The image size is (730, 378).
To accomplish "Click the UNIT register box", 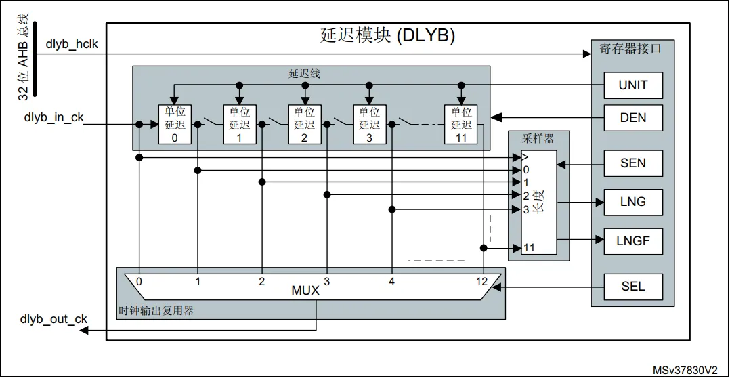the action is pos(633,85).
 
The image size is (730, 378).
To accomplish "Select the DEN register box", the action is pos(633,118).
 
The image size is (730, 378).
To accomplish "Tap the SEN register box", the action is pos(633,163).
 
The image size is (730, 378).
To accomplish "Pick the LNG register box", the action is pos(633,202).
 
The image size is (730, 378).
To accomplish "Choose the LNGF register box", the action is pos(633,241).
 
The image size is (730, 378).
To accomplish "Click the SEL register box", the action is pos(633,287).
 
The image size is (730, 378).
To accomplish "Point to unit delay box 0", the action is pos(175,124).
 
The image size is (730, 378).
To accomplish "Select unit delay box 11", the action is pos(461,124).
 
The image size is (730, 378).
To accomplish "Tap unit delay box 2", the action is pos(305,124).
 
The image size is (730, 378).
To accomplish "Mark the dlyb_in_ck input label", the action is pos(54,117).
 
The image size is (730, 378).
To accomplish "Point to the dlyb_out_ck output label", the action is pos(53,319).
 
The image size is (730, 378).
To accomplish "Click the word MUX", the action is pos(305,291).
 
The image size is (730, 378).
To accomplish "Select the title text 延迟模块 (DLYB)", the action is pos(387,36).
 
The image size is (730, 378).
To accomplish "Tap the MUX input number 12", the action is pos(481,281).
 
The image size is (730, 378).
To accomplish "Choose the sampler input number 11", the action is pos(529,248).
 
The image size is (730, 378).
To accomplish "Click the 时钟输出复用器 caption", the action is pos(156,310).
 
